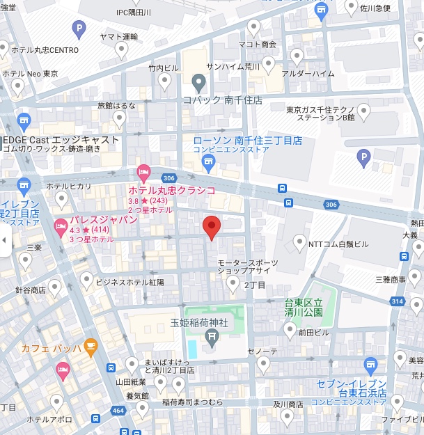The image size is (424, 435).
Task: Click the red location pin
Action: pyautogui.click(x=212, y=227)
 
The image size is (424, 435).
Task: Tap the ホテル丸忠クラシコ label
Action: pyautogui.click(x=171, y=190)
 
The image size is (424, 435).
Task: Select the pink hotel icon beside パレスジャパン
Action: pyautogui.click(x=61, y=226)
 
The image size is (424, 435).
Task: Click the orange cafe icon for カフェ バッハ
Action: pyautogui.click(x=90, y=345)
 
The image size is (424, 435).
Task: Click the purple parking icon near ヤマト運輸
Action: pyautogui.click(x=80, y=29)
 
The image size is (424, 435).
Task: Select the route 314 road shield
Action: pyautogui.click(x=398, y=301)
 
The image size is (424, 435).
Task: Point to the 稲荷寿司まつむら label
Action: pyautogui.click(x=193, y=402)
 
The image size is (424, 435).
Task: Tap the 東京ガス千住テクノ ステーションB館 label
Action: pyautogui.click(x=324, y=113)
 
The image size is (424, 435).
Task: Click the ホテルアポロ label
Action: pyautogui.click(x=49, y=420)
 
